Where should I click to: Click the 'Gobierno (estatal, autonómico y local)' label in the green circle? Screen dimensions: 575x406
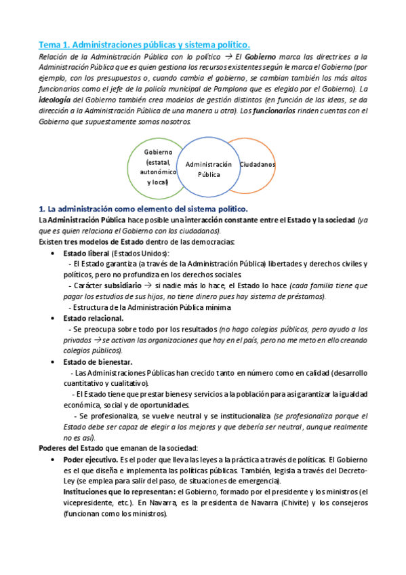pyautogui.click(x=157, y=167)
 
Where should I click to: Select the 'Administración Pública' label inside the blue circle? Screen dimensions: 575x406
pyautogui.click(x=209, y=169)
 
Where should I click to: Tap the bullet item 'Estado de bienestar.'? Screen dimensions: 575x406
pyautogui.click(x=98, y=361)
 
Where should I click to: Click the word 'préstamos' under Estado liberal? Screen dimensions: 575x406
pyautogui.click(x=303, y=296)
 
